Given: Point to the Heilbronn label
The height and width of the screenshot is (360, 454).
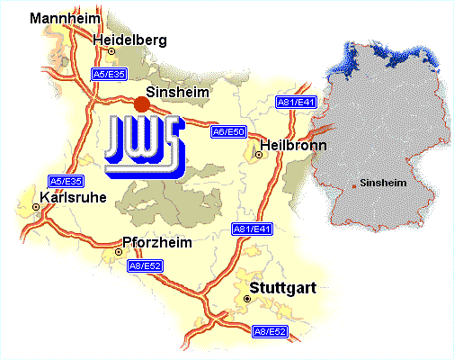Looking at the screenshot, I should point(291,145).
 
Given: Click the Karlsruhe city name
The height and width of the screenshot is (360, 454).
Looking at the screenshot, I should point(74,197).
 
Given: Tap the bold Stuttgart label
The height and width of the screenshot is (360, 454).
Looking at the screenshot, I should point(283,290).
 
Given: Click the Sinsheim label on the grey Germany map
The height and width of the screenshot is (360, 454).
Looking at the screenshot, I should point(383,183).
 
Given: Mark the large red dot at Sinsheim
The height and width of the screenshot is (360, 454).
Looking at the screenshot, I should point(141,104).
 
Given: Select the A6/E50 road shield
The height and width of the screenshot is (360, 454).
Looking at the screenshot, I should point(228,131).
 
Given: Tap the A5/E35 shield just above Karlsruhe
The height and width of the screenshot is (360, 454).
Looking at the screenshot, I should point(66,180).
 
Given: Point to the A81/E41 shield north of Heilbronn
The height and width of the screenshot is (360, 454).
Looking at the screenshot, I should point(295,103).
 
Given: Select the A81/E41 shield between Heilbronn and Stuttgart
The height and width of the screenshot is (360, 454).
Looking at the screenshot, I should point(252,229).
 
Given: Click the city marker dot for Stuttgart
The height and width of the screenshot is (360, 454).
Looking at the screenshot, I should point(247,298).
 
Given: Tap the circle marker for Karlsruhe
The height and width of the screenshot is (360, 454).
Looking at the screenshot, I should point(36,206).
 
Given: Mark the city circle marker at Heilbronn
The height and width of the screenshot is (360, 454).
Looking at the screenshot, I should point(259,155).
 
